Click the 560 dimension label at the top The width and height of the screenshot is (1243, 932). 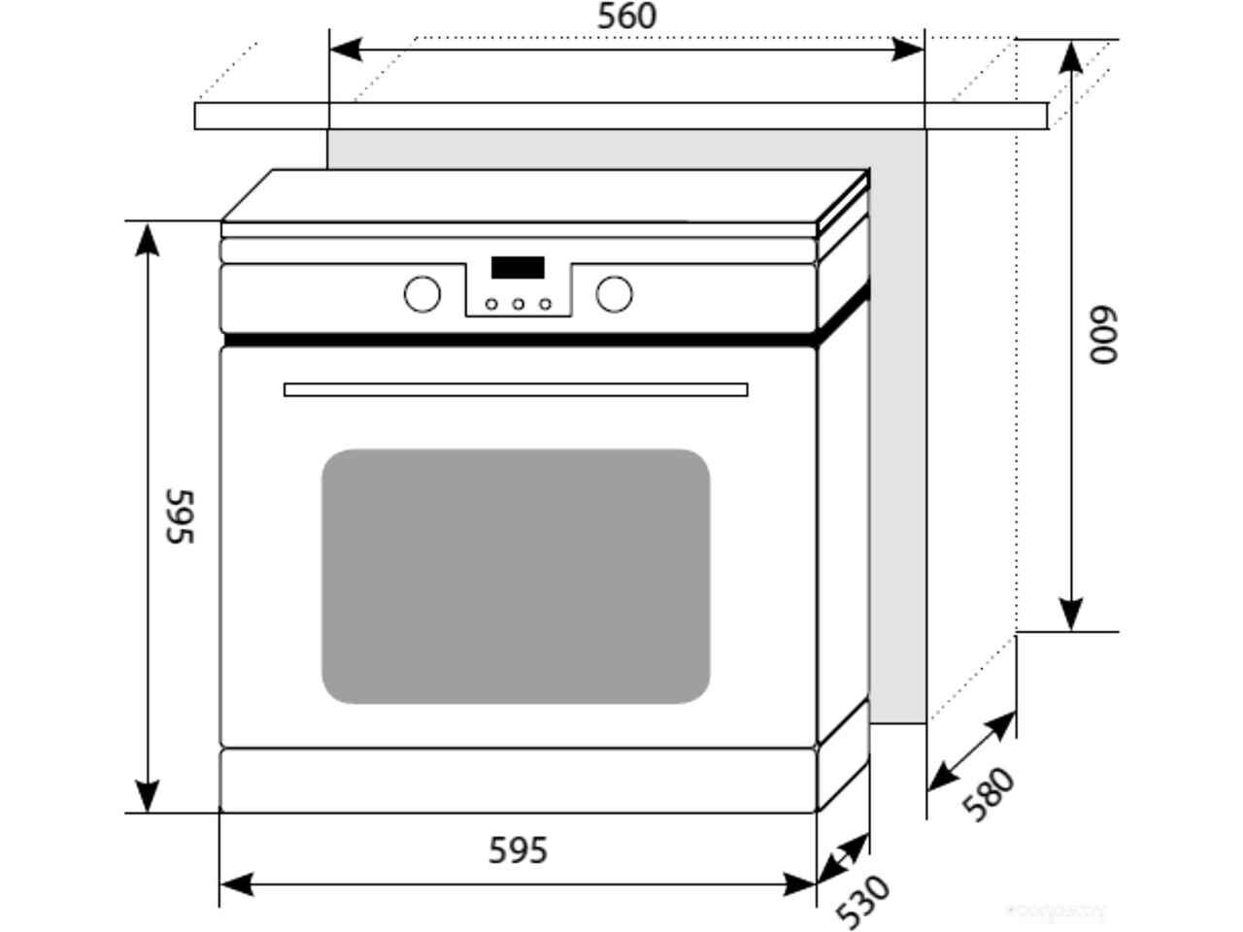point(626,17)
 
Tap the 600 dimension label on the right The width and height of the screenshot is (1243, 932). point(1104,336)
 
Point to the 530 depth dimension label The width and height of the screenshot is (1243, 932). point(862,901)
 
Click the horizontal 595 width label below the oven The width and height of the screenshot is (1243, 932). point(518,850)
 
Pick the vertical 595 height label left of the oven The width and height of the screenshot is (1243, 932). point(180,516)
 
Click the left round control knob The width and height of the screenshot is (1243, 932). point(421,293)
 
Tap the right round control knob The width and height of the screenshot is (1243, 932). point(614,293)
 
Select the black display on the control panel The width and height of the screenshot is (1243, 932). point(518,268)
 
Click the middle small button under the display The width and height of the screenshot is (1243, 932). point(519,304)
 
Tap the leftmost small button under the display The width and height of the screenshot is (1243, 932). point(491,304)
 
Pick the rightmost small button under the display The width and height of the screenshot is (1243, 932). point(546,304)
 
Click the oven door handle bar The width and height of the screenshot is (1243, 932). point(516,389)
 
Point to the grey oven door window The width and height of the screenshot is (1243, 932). point(516,576)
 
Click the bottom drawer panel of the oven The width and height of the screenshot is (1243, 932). point(518,780)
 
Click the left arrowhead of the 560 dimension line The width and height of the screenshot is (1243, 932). point(346,49)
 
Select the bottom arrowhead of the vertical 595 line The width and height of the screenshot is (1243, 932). point(147,796)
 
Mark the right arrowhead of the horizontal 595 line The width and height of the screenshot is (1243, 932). point(800,884)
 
